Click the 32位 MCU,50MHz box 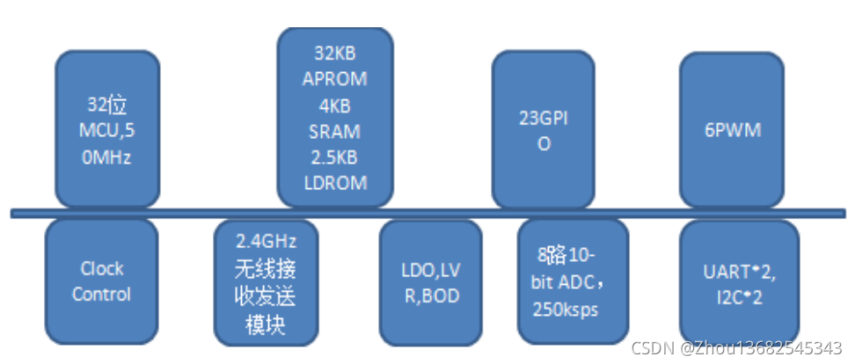[106, 130]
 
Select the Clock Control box [101, 280]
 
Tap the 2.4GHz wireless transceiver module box [267, 281]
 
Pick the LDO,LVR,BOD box [431, 281]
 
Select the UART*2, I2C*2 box [739, 280]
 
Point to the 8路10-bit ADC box [572, 280]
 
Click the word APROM [334, 78]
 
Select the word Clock [101, 268]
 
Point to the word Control [101, 294]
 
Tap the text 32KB [334, 55]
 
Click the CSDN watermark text [742, 346]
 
